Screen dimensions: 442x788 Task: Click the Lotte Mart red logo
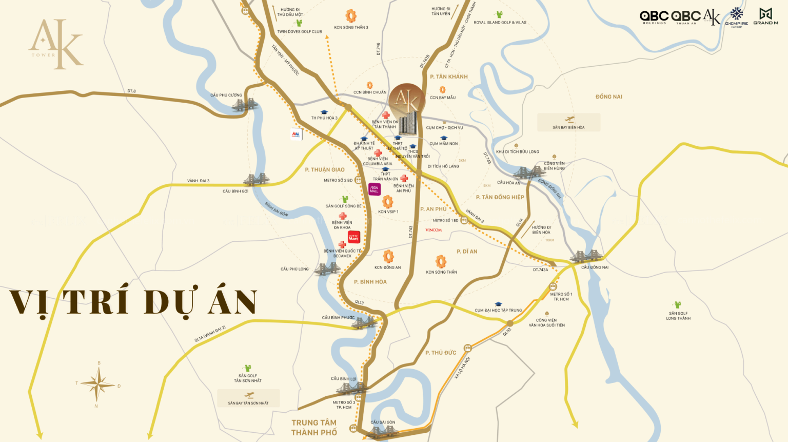click(x=353, y=237)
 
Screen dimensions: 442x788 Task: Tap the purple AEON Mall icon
click(x=375, y=189)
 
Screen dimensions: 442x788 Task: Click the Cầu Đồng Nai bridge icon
click(x=584, y=257)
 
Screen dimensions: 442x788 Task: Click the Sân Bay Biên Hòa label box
click(x=568, y=123)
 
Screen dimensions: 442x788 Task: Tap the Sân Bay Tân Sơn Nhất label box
click(x=248, y=398)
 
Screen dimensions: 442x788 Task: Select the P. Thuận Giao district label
click(x=325, y=170)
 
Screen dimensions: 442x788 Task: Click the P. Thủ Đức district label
click(x=441, y=353)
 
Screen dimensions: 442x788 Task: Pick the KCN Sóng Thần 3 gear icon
click(x=351, y=16)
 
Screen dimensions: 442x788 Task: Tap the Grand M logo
click(x=765, y=16)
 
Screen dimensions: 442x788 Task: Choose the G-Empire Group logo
click(x=737, y=17)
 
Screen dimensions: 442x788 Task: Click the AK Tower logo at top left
click(x=55, y=44)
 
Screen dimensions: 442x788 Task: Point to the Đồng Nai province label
click(x=608, y=97)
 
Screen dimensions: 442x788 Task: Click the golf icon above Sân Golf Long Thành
click(x=678, y=305)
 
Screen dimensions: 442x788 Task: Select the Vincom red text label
click(x=434, y=230)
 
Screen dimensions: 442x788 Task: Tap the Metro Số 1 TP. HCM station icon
click(x=553, y=286)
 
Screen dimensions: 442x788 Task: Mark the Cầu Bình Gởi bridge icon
click(x=255, y=180)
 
